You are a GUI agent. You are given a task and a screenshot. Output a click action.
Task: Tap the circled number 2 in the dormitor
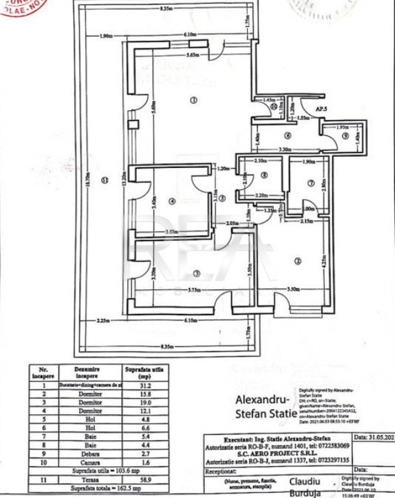coord(298,261)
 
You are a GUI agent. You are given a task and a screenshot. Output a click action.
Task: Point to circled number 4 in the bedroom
coord(173,201)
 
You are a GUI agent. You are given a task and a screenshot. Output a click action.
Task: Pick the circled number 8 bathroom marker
coord(265,174)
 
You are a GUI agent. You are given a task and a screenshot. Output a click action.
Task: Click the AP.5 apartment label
coord(320,111)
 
